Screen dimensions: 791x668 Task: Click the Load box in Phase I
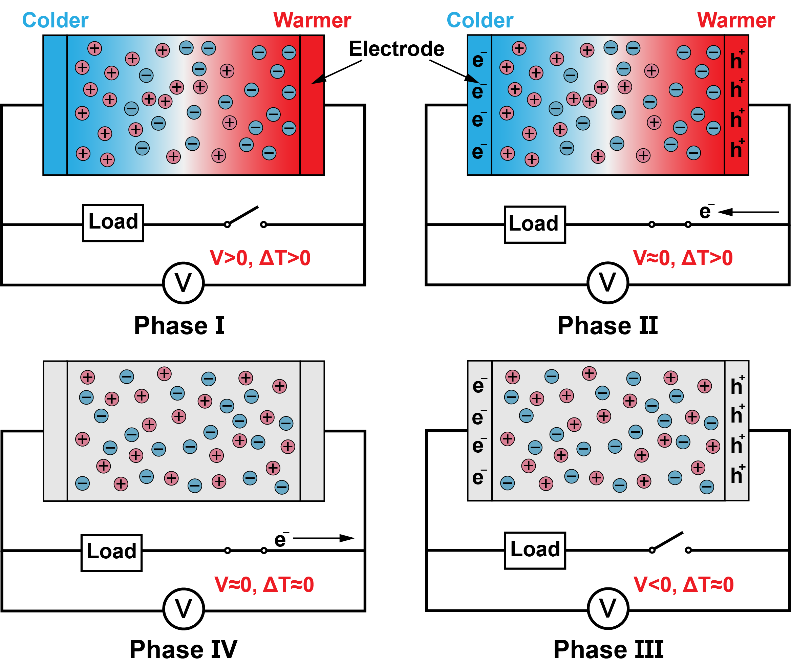pos(113,223)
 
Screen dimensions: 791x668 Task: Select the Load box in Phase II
pos(535,224)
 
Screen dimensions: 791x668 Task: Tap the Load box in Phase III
pos(535,551)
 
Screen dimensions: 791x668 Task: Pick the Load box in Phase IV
pos(112,553)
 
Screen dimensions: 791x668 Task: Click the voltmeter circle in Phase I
pos(183,283)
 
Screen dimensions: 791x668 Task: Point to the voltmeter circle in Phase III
pos(608,609)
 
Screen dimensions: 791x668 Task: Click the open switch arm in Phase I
pos(243,215)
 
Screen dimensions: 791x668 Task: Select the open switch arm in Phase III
pos(667,541)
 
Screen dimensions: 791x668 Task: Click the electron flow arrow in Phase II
pos(748,212)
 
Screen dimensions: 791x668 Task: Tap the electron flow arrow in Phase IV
pos(324,538)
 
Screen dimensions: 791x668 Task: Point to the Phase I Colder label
pos(55,20)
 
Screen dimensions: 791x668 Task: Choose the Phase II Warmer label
pos(736,20)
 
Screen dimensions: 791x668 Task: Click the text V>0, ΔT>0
pos(260,258)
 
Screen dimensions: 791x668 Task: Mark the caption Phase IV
pos(183,650)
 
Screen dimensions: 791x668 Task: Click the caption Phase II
pos(608,325)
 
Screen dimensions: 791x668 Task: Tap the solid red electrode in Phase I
pos(312,105)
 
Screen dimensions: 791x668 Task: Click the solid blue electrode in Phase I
pos(55,105)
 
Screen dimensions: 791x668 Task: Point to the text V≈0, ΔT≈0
pos(264,584)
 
